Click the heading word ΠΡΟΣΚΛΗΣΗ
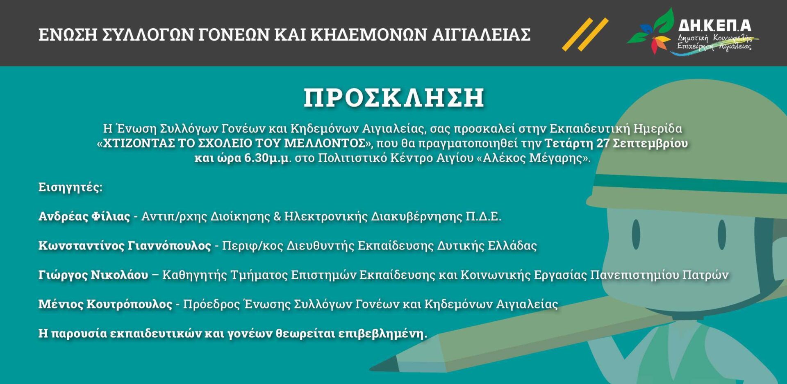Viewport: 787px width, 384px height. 394,98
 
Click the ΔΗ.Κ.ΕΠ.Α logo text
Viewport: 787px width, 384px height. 714,25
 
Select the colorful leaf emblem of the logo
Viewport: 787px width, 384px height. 652,31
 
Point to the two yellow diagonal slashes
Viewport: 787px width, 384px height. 585,34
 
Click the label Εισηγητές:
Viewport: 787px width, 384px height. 70,187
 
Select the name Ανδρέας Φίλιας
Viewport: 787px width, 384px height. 84,216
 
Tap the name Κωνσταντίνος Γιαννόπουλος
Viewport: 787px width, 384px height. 125,245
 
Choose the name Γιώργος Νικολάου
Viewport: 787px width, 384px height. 93,275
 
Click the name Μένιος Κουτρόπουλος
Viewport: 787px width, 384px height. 105,304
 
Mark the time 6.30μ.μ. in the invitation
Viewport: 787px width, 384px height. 268,158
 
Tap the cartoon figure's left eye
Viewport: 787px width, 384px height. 636,234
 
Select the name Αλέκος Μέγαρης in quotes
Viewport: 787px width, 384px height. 532,158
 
